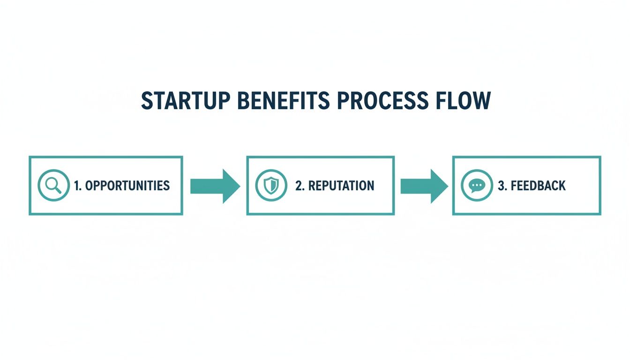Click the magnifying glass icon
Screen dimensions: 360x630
click(53, 186)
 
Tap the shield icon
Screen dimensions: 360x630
click(271, 186)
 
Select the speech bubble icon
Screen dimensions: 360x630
click(477, 186)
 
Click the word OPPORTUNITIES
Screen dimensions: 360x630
click(127, 186)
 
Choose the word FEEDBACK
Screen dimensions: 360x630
click(538, 186)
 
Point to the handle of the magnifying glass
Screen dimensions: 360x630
click(58, 190)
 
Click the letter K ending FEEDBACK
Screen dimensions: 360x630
click(562, 186)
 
